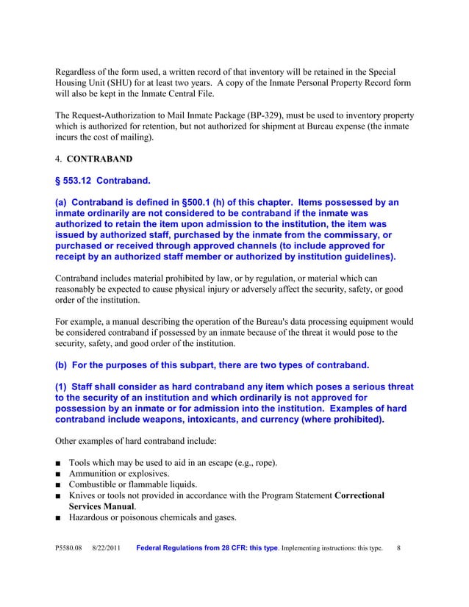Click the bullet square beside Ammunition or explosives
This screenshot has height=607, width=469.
click(x=58, y=474)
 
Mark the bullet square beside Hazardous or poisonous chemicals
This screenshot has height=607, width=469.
click(x=58, y=518)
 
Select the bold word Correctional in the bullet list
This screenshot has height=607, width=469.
click(x=359, y=496)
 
